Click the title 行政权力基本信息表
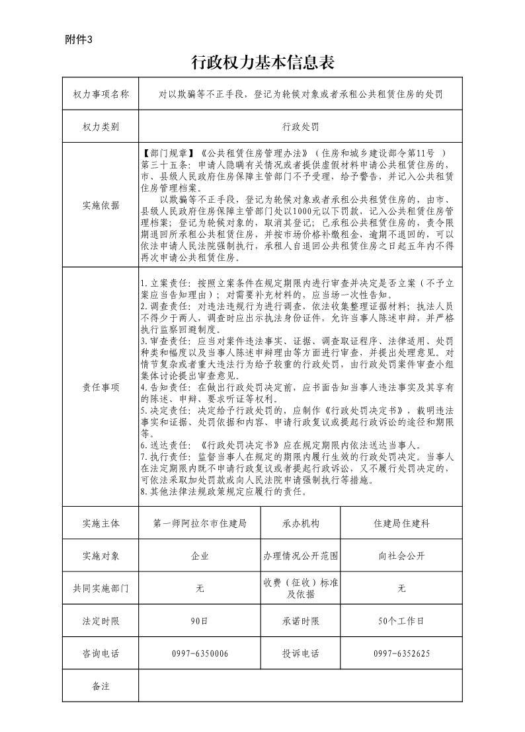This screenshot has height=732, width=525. pyautogui.click(x=262, y=63)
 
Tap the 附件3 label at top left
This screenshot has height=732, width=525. pyautogui.click(x=79, y=39)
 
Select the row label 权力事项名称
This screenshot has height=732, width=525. pyautogui.click(x=101, y=94)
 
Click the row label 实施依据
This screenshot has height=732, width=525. pyautogui.click(x=101, y=205)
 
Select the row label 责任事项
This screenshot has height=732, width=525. pyautogui.click(x=101, y=388)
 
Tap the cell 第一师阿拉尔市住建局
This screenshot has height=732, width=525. pyautogui.click(x=200, y=523)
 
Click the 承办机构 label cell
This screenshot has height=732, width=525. pyautogui.click(x=300, y=523)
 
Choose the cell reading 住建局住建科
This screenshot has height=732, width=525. pyautogui.click(x=401, y=523)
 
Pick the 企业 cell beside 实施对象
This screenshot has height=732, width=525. pyautogui.click(x=200, y=556)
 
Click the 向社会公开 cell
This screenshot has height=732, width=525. pyautogui.click(x=401, y=556)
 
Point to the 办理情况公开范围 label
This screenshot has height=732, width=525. pyautogui.click(x=300, y=556)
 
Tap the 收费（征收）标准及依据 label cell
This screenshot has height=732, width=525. pyautogui.click(x=300, y=588)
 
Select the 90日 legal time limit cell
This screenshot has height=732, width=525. pyautogui.click(x=200, y=621)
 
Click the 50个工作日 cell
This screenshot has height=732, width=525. pyautogui.click(x=401, y=621)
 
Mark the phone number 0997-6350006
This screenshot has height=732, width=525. pyautogui.click(x=200, y=653)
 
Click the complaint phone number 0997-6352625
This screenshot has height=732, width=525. pyautogui.click(x=401, y=653)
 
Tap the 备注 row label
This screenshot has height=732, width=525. pyautogui.click(x=101, y=686)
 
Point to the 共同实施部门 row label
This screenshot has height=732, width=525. pyautogui.click(x=101, y=588)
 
